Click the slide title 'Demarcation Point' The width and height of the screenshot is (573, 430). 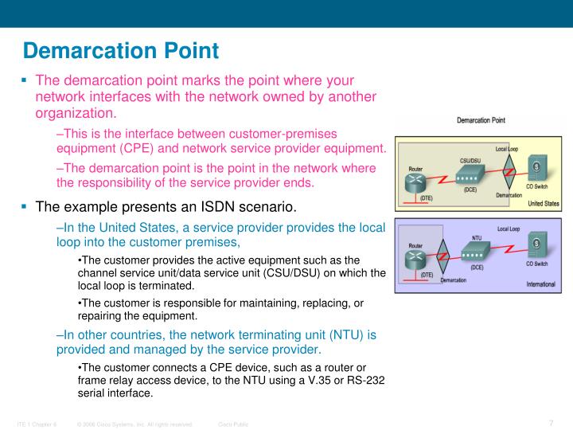tap(120, 51)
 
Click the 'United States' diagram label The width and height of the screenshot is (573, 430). tap(544, 203)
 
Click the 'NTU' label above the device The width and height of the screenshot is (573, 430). tap(476, 236)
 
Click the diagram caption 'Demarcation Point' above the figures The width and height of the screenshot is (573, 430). tap(481, 121)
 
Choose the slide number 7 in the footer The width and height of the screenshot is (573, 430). tap(551, 422)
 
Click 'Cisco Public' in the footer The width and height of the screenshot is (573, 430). tap(233, 424)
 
